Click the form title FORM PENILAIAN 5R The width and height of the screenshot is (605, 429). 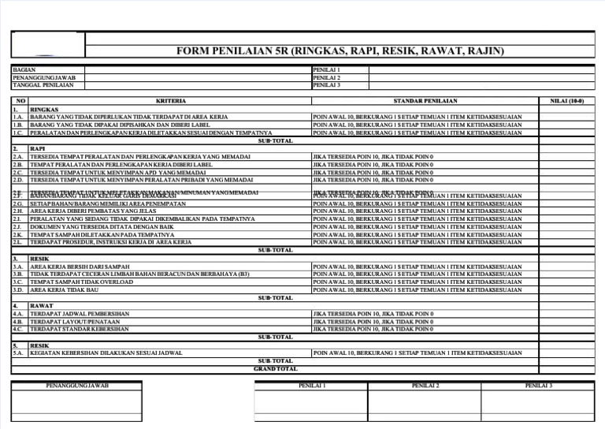[340, 51]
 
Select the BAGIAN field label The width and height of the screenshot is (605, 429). [24, 70]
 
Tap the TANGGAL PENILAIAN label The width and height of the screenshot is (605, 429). [38, 85]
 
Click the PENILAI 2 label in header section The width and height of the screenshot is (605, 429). [327, 78]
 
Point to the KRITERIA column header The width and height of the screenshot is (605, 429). [171, 102]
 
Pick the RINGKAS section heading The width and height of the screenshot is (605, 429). [44, 110]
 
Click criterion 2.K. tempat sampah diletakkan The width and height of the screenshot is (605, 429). [102, 235]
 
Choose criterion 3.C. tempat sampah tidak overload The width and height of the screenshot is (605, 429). [82, 282]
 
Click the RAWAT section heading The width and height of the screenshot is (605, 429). [42, 305]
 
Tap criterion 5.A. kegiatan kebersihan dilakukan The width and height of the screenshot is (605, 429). [106, 353]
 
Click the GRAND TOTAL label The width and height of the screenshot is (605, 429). [275, 368]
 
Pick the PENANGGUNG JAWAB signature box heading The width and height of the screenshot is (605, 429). [77, 386]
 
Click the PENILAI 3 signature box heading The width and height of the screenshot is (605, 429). [539, 386]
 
